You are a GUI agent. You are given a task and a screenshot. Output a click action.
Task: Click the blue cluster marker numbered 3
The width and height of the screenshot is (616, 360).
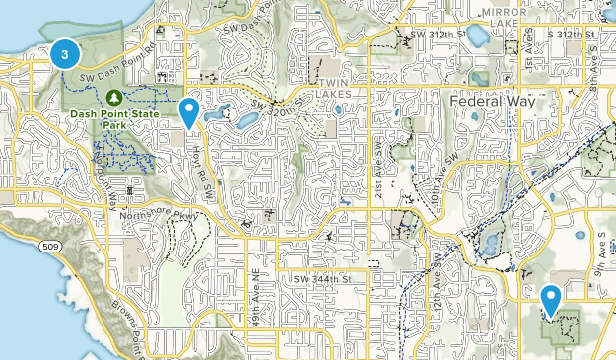pos(65,55)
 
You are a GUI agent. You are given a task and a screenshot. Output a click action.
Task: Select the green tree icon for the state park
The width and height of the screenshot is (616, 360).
pos(113,97)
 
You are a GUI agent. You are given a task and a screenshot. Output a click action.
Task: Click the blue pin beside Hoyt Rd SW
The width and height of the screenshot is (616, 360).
pos(189,113)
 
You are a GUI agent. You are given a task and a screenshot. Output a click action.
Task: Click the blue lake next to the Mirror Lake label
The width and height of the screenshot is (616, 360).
pos(477,37)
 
